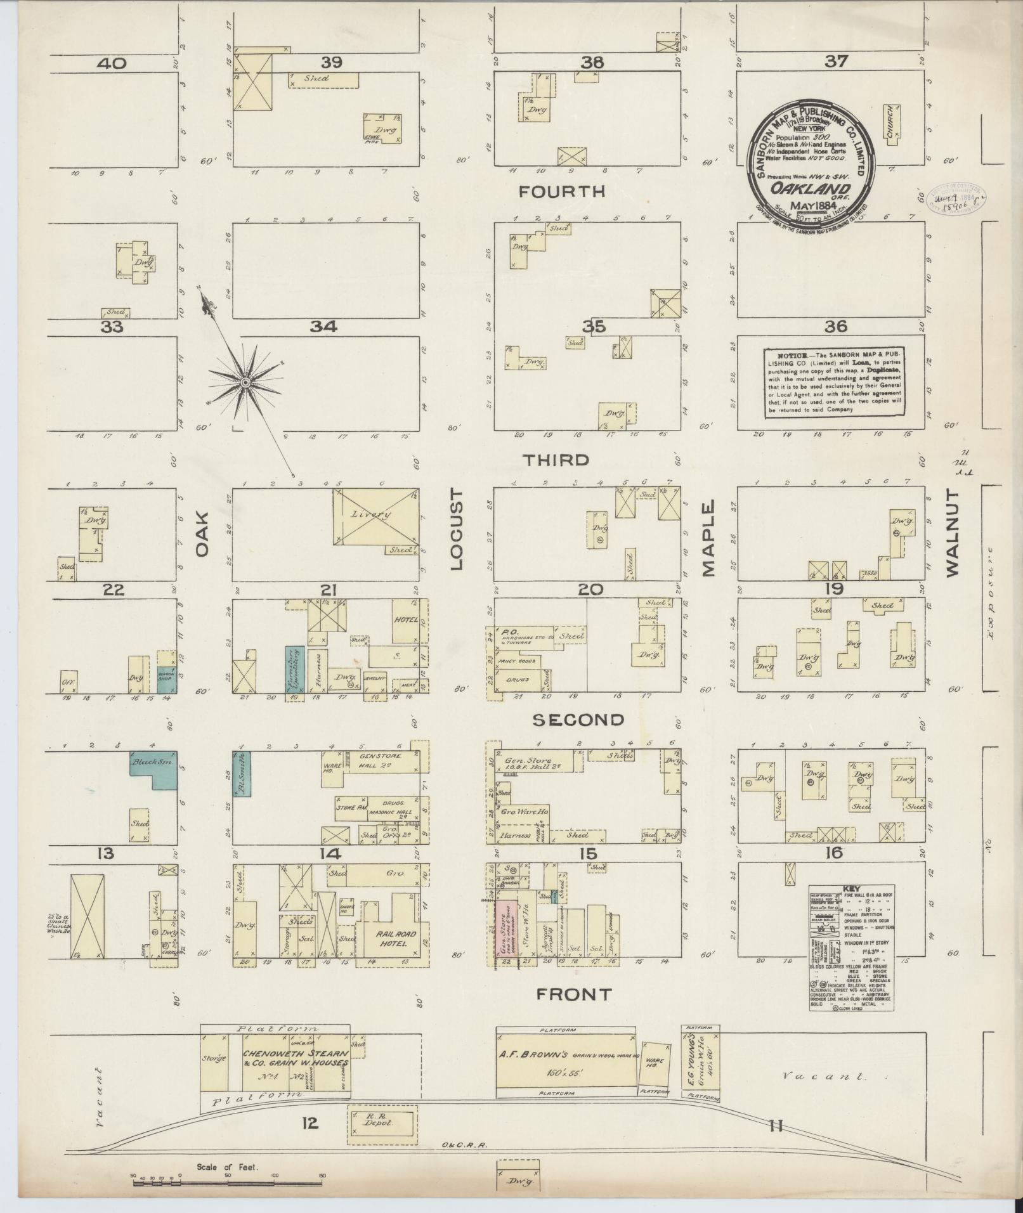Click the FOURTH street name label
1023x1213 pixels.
point(562,191)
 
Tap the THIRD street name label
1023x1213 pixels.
point(556,460)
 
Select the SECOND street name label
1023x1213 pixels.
point(578,719)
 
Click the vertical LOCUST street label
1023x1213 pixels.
point(458,530)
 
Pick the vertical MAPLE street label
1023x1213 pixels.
point(708,538)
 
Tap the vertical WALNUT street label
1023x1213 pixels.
point(953,534)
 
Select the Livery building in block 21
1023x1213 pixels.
point(376,517)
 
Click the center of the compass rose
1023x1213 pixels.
point(244,382)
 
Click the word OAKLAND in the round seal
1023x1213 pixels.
point(810,188)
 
